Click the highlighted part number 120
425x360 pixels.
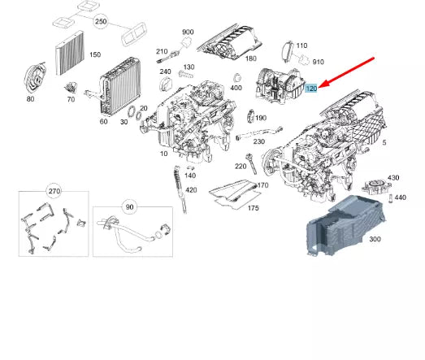pos(312,86)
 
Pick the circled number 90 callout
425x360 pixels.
pos(129,207)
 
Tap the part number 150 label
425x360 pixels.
pos(95,54)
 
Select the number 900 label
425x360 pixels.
pos(188,32)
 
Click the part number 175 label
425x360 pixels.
pos(253,208)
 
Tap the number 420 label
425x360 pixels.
pos(191,189)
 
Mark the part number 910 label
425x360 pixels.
pos(318,62)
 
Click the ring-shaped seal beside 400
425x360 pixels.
pos(235,76)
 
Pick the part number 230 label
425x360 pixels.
pos(258,142)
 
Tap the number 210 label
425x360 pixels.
pos(161,51)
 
